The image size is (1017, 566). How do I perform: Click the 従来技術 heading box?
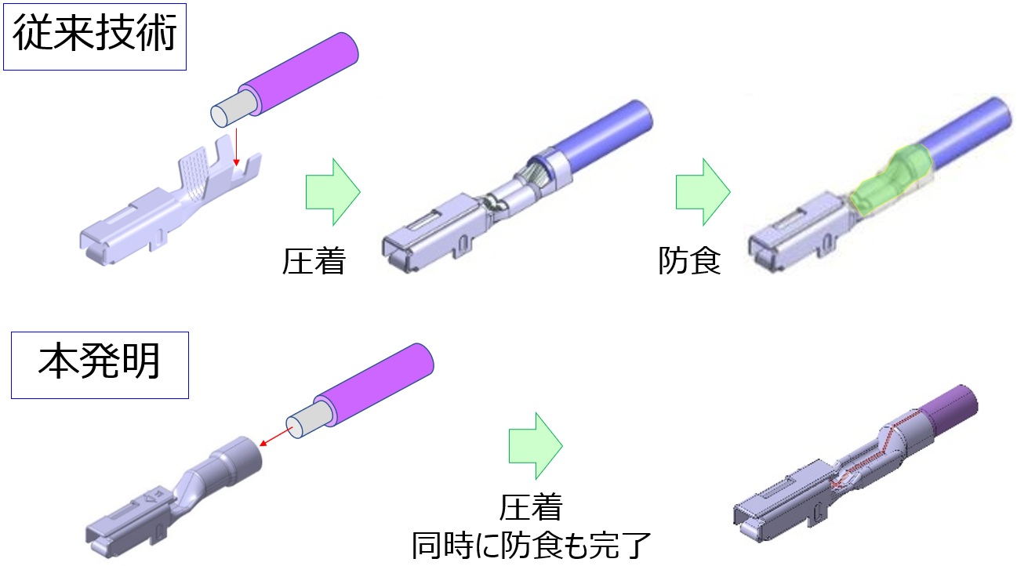(94, 37)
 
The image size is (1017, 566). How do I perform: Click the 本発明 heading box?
(100, 364)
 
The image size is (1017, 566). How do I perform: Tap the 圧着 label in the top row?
(314, 261)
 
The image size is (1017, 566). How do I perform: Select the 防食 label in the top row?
(689, 261)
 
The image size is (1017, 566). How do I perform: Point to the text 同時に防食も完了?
(532, 545)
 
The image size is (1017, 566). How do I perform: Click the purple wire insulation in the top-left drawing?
(302, 72)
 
